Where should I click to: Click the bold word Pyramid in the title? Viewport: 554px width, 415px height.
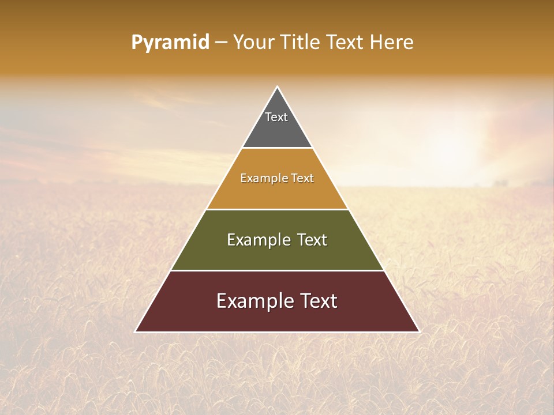coord(170,43)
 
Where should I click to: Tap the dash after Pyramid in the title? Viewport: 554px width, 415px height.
coord(221,43)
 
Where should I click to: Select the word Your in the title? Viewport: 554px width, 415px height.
coord(252,43)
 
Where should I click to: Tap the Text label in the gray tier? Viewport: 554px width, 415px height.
coord(276,117)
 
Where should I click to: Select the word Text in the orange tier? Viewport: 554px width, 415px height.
coord(303,179)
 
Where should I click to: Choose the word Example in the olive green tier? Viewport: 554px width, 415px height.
coord(257,240)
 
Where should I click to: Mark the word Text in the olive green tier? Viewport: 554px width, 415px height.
coord(312,240)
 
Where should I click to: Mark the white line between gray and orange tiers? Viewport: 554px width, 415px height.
coord(277,148)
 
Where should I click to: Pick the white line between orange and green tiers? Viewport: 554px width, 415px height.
coord(277,209)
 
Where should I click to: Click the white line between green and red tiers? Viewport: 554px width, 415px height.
coord(277,270)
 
